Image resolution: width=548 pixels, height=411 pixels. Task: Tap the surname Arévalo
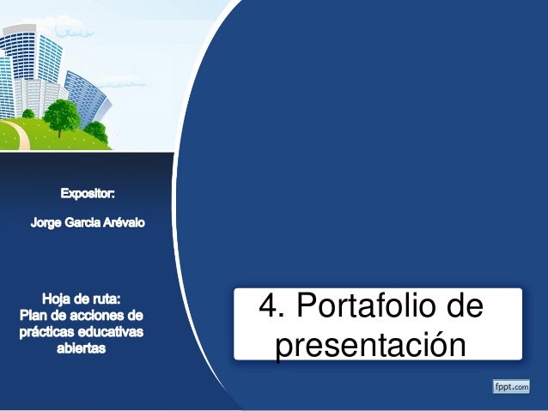point(125,223)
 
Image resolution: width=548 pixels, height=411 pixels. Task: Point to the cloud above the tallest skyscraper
point(78,33)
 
